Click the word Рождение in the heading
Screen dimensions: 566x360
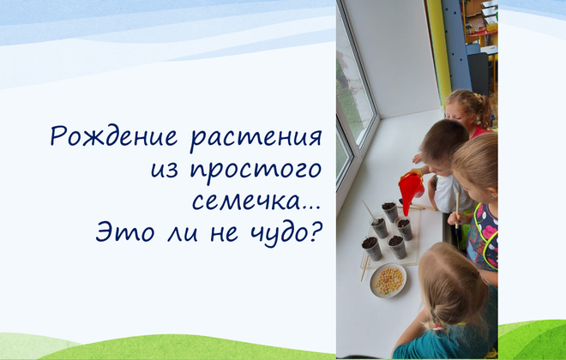(114, 137)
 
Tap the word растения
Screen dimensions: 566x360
(256, 139)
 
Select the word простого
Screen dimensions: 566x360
(256, 171)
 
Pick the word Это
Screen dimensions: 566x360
(125, 232)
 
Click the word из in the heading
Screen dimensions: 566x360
(165, 170)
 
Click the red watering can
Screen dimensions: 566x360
(411, 189)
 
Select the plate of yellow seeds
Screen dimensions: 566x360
(388, 280)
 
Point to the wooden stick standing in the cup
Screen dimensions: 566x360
(370, 210)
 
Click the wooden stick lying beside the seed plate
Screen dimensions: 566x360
(364, 267)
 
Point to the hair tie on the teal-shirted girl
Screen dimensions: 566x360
(438, 327)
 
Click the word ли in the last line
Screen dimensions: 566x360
(183, 233)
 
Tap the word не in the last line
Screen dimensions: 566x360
(225, 233)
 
